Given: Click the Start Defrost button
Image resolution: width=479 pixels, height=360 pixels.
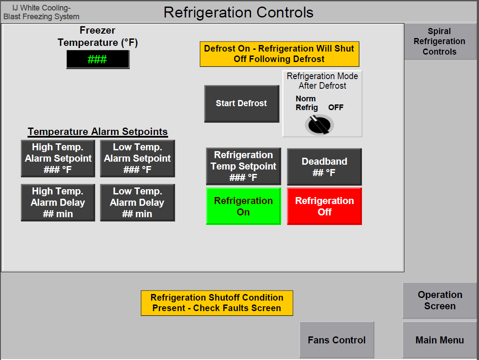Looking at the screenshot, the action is click(241, 104).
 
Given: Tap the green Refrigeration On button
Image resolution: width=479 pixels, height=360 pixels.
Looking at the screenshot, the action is click(244, 206).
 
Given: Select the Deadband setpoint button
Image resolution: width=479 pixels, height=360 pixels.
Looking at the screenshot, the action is click(324, 167).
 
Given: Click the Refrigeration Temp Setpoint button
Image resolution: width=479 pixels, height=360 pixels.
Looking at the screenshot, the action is click(244, 166).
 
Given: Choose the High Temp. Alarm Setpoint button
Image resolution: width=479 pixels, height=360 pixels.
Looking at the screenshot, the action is click(58, 159).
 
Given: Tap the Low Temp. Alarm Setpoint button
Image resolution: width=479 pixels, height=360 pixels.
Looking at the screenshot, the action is click(138, 159).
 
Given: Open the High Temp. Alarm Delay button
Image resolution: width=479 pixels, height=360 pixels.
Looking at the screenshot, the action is click(58, 203).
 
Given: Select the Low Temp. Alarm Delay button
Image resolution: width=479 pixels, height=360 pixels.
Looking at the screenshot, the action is click(138, 203).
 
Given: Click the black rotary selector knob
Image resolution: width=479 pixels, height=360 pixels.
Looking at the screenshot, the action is click(319, 125).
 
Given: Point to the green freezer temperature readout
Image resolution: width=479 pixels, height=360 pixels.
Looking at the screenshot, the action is click(98, 59).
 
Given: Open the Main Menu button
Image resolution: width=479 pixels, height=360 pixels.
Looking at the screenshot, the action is click(440, 340).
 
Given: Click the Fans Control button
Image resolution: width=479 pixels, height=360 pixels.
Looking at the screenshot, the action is click(337, 340).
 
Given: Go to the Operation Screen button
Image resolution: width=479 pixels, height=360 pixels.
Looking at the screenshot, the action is click(440, 301).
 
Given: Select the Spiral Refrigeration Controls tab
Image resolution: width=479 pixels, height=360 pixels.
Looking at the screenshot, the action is click(440, 41).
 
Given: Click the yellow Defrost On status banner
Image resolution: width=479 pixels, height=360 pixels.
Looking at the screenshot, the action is click(279, 54).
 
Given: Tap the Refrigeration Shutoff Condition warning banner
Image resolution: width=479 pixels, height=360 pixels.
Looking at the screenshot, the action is click(217, 303).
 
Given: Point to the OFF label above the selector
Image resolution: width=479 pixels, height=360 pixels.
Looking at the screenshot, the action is click(336, 107).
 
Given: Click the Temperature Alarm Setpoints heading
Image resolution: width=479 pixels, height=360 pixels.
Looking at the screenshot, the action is click(98, 132).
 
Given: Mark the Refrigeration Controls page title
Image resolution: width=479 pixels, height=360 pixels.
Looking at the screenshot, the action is click(238, 13).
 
